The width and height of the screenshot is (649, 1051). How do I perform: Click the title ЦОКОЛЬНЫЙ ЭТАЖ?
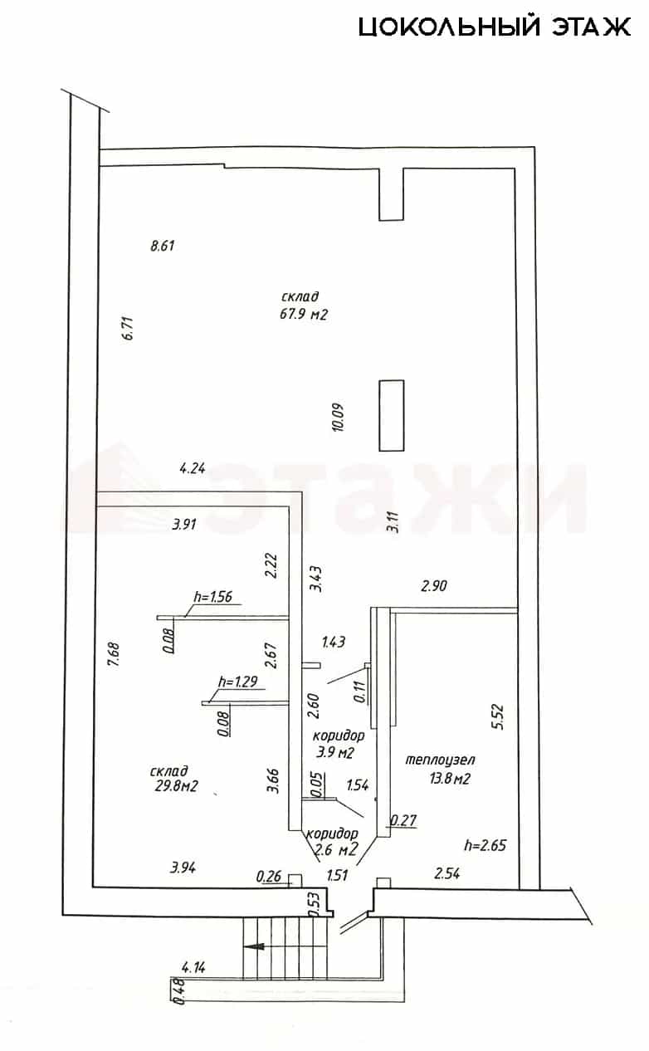point(495,27)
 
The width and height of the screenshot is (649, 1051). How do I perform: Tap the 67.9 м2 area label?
point(304,314)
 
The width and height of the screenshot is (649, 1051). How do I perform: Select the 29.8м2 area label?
point(176,785)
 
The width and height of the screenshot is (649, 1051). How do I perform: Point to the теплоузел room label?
point(440,760)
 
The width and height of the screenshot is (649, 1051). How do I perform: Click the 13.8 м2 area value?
point(450,779)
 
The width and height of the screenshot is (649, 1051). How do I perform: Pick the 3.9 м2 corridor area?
point(334,753)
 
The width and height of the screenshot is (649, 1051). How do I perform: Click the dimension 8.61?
point(163,246)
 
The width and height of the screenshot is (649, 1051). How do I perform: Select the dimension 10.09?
point(338,417)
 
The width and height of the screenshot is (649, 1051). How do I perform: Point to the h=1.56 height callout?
point(213,596)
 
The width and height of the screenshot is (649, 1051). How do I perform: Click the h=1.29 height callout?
point(237,682)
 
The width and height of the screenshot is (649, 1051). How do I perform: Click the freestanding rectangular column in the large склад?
point(391,416)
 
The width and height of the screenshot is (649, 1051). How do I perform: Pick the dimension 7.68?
point(114,656)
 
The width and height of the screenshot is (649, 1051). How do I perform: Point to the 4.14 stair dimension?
point(193,967)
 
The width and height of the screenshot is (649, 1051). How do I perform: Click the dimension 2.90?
point(434,585)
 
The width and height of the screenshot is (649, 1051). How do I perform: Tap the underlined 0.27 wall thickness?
point(403,820)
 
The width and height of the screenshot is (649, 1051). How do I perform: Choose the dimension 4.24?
point(193,468)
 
